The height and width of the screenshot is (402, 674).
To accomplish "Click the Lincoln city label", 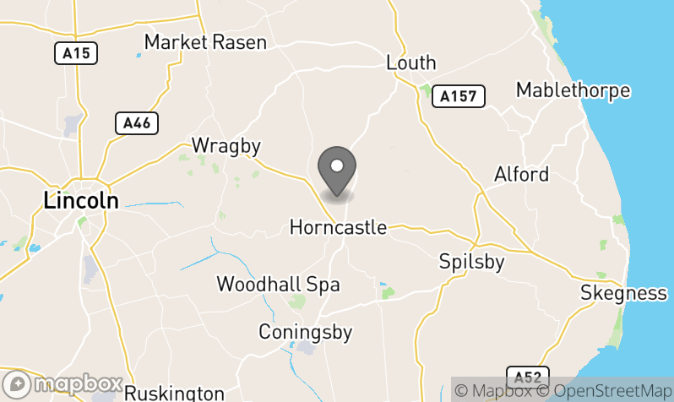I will point(80,200).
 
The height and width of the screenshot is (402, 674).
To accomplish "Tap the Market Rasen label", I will point(205,42).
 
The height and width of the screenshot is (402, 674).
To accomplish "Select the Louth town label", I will point(410,62).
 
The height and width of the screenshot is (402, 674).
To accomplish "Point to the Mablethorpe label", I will point(573,90).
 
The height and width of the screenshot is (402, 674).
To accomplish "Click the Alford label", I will point(521,175).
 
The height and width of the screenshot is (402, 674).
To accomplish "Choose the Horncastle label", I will point(338,227).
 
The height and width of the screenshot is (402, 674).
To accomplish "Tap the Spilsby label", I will point(471,262).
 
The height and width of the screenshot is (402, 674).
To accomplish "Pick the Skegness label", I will point(624,293).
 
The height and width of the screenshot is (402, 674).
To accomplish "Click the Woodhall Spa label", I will point(278,284).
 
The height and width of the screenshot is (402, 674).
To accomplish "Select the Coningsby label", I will point(305,331).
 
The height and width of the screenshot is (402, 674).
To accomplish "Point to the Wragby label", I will point(226,145).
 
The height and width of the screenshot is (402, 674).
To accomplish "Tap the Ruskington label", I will point(174,394).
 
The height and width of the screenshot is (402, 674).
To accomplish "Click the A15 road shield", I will point(76,53).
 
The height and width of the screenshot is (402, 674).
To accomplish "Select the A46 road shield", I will point(136,123).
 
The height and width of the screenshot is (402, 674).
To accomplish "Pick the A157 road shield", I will point(459,97).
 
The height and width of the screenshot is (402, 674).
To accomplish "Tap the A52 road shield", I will point(528,376).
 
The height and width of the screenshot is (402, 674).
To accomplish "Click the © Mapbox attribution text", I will point(493,391).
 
